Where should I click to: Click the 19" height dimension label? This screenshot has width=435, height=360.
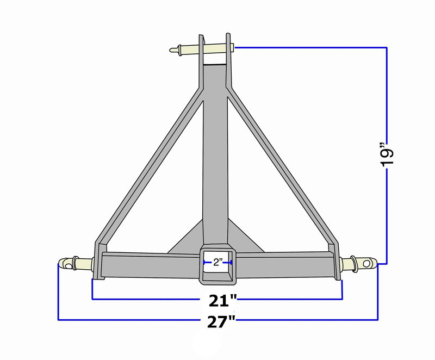point(388,156)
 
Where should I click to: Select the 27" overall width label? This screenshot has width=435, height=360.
point(221,322)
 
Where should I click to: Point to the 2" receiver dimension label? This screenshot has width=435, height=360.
point(218,262)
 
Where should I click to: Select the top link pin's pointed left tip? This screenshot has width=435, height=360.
point(170,50)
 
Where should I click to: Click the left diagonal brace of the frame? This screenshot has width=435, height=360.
point(150,166)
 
